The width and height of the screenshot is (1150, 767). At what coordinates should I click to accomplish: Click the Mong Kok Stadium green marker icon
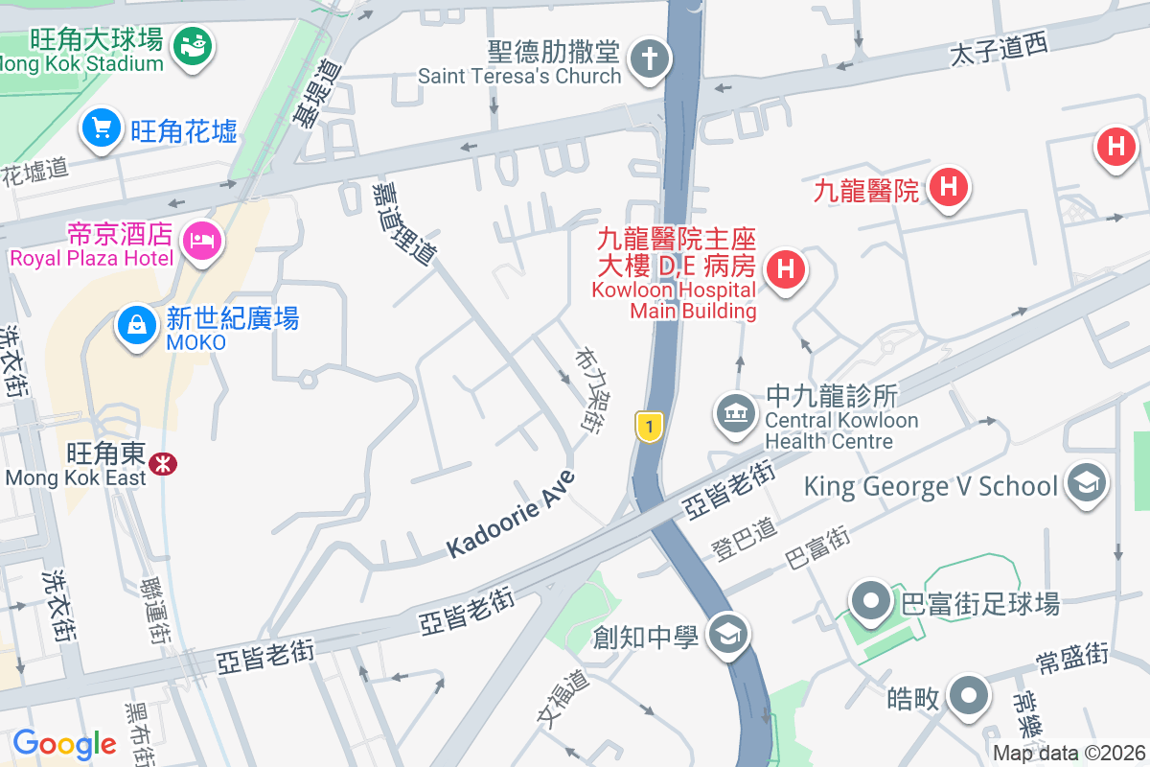click(193, 44)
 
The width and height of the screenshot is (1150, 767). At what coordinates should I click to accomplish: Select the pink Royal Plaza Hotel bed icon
click(204, 239)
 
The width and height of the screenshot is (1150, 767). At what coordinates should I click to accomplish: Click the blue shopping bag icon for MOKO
click(137, 326)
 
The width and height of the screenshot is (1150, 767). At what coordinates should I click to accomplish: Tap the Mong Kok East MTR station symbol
click(163, 464)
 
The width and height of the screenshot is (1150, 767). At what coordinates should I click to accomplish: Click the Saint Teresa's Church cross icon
click(649, 59)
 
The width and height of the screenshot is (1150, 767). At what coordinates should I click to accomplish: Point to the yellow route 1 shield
click(650, 427)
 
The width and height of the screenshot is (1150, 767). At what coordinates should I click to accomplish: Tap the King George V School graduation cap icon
click(1087, 482)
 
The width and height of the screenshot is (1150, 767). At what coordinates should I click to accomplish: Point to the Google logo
click(64, 743)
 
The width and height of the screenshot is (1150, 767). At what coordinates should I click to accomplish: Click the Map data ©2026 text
click(1069, 754)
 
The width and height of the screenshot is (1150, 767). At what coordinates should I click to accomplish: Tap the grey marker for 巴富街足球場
click(871, 602)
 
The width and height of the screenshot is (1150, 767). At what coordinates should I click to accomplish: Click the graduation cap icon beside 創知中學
click(727, 633)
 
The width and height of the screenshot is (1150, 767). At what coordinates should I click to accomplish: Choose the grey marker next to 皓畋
click(969, 694)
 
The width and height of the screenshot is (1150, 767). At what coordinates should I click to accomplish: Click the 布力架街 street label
click(587, 388)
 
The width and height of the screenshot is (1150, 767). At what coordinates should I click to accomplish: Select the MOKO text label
click(195, 342)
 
